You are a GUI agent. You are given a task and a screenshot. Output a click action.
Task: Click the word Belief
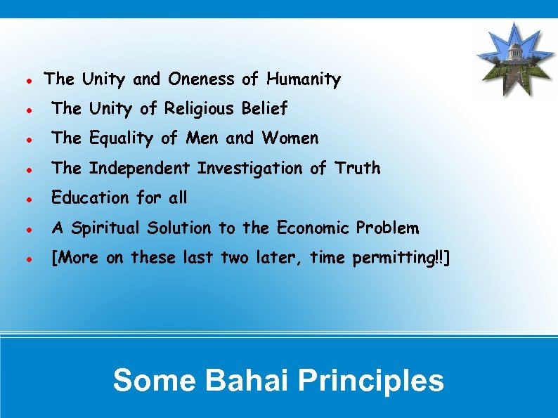pos(264,109)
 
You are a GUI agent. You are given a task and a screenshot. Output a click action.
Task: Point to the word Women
pos(290,138)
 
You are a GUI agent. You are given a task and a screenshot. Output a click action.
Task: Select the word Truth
pos(358,169)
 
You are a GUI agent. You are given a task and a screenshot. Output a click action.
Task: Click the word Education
pos(90,198)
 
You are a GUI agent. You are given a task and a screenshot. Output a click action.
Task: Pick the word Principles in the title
pos(370,381)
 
